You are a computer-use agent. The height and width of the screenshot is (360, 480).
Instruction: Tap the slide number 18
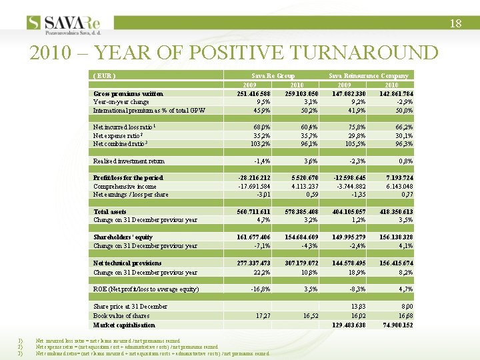(455, 23)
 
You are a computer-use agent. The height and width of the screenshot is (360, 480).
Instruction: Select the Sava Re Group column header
(272, 76)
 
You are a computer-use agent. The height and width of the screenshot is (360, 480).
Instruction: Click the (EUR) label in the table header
(103, 76)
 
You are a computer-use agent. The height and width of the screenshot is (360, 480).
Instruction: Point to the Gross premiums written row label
(127, 94)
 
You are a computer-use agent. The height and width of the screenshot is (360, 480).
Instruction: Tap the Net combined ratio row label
(119, 143)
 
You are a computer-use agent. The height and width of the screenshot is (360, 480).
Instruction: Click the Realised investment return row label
(129, 161)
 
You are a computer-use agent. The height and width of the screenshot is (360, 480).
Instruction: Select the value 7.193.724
(396, 178)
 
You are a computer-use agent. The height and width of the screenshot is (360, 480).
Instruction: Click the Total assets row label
(110, 211)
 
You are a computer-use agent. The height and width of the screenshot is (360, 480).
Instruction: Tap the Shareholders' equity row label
(123, 237)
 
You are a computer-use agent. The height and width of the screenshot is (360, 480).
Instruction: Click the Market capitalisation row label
(124, 325)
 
